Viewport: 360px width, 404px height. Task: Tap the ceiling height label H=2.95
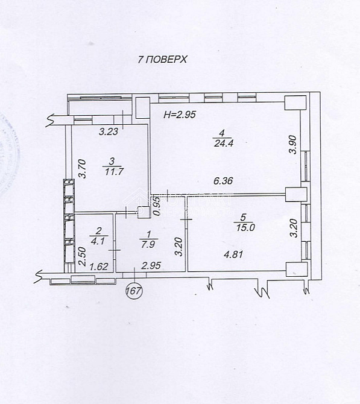pos(180,114)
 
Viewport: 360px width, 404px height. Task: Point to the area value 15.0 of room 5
pos(241,227)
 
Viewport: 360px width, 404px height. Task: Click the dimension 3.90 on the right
pos(292,145)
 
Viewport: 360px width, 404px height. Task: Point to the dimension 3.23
pos(109,131)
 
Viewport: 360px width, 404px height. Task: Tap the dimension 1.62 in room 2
pos(98,265)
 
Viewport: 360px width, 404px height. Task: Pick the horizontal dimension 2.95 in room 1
pos(150,265)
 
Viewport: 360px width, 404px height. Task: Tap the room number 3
pos(112,161)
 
